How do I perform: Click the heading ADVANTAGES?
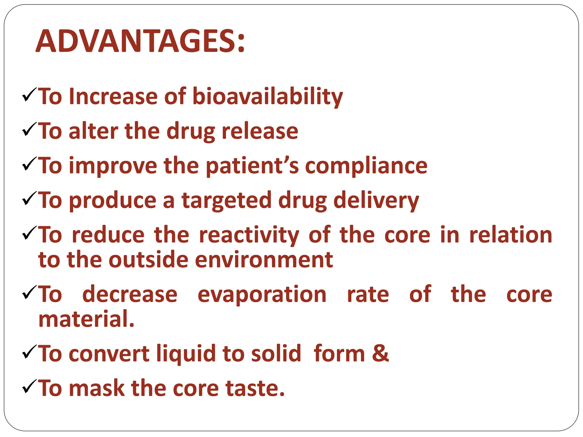tap(140, 42)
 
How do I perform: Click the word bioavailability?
tap(268, 96)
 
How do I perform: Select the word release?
tap(260, 131)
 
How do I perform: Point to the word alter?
tap(93, 131)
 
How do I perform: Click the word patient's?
tap(252, 166)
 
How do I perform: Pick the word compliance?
tap(366, 166)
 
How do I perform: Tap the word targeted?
tap(226, 201)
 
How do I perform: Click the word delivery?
tap(376, 201)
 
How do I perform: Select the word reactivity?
tap(249, 235)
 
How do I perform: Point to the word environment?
tap(264, 260)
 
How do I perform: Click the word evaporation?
tap(262, 294)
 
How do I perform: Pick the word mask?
tap(97, 388)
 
